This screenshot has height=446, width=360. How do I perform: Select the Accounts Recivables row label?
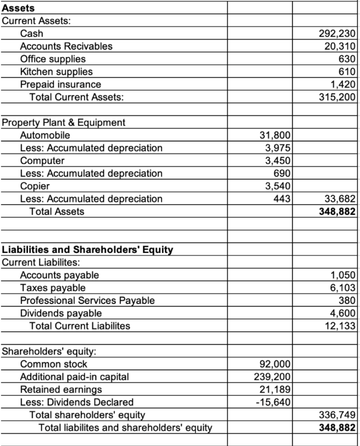(66, 46)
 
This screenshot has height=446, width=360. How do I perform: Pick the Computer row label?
(43, 161)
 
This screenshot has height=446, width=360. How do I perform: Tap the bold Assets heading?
(19, 8)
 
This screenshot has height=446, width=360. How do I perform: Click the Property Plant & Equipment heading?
(64, 122)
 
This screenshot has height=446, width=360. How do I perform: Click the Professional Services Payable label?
(87, 301)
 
